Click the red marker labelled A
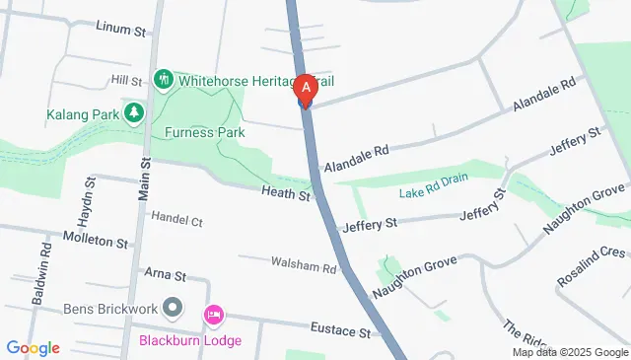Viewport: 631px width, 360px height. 306,89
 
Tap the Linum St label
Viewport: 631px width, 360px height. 120,27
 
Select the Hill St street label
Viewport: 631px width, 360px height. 127,79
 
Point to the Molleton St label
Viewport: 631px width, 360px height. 96,241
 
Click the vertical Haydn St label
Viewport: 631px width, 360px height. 88,197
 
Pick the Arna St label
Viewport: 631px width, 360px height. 166,272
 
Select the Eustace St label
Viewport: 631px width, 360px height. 339,328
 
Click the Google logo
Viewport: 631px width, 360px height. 34,348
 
